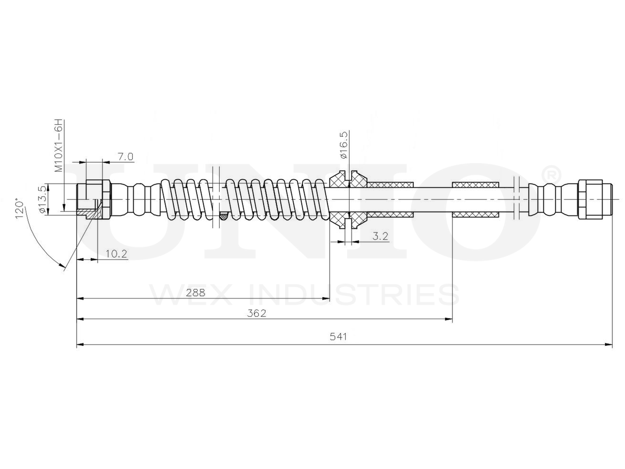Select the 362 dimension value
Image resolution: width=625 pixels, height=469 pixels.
coord(257,313)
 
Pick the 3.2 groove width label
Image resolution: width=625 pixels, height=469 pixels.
coord(380,236)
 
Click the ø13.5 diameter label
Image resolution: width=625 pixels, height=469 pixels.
coord(42,200)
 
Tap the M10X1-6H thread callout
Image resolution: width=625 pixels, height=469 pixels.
coord(58,145)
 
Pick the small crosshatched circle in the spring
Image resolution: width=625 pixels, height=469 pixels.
coord(224,215)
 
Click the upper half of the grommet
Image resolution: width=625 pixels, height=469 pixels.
coord(348,180)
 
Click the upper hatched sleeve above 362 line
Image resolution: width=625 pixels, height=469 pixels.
coord(476,184)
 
